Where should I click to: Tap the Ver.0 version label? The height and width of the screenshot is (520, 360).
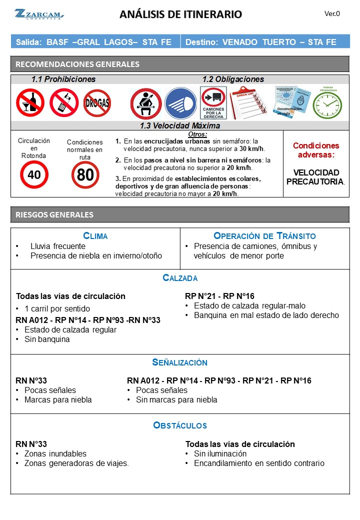click(x=332, y=14)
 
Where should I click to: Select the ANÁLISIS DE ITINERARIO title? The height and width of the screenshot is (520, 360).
click(x=180, y=14)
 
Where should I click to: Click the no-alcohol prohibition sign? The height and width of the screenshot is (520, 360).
click(x=30, y=102)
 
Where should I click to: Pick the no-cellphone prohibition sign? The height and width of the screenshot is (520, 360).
click(x=63, y=102)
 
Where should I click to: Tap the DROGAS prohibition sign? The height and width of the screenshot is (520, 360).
click(x=97, y=103)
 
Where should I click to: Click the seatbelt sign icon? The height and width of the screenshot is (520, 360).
click(x=145, y=103)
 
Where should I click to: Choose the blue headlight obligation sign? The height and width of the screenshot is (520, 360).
click(x=180, y=103)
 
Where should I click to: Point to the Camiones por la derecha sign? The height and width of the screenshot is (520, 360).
click(x=213, y=103)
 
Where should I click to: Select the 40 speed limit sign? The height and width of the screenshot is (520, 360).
click(x=34, y=174)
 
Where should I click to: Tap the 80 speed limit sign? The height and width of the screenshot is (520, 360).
click(x=85, y=174)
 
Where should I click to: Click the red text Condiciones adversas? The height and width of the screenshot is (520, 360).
click(x=315, y=150)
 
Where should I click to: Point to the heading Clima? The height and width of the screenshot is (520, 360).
click(x=95, y=236)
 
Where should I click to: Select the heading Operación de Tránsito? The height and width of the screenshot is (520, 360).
click(x=264, y=236)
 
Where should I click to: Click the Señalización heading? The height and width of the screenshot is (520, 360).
click(x=180, y=362)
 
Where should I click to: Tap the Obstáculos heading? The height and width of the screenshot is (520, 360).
click(x=180, y=425)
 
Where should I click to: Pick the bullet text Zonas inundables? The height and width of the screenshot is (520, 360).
click(x=55, y=453)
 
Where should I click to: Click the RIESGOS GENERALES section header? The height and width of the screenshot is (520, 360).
click(x=55, y=214)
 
